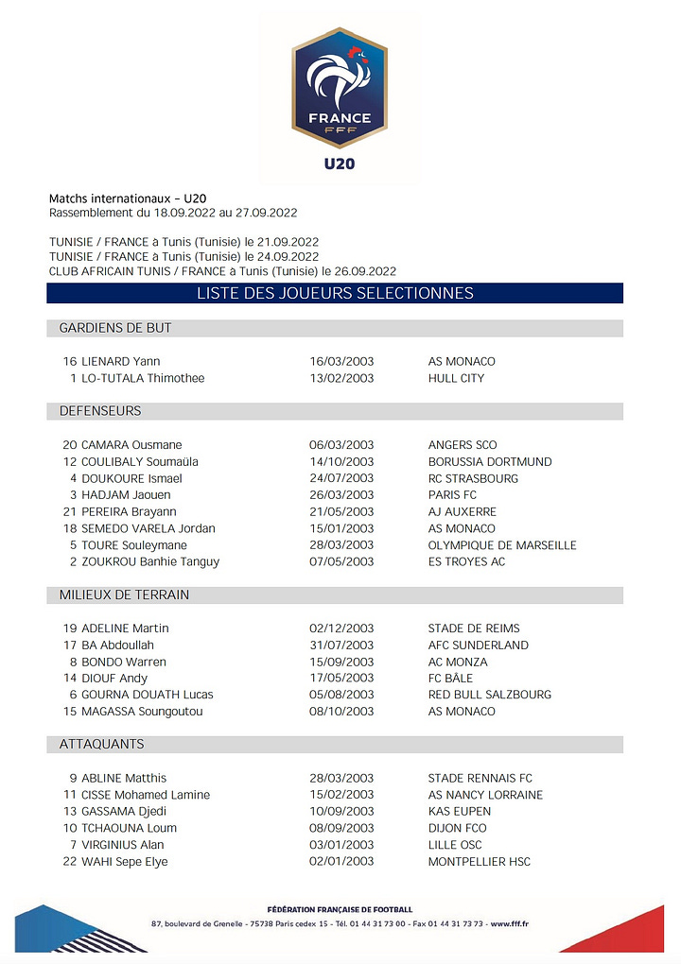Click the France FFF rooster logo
point(340,88)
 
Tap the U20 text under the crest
point(340,164)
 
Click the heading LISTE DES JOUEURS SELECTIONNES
point(335,293)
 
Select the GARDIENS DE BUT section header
point(115,328)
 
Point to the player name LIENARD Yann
point(120,361)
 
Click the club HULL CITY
point(456,378)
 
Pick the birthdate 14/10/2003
point(341,461)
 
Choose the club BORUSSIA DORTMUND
point(490,461)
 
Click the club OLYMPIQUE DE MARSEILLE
point(502,544)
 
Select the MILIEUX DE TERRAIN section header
point(124,594)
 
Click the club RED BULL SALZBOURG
point(490,695)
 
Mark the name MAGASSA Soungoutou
point(142,711)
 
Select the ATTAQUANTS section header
point(101,745)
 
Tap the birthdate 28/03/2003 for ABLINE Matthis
point(341,778)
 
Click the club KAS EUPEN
point(460,811)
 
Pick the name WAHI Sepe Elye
point(125,861)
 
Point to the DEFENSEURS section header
point(100,411)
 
